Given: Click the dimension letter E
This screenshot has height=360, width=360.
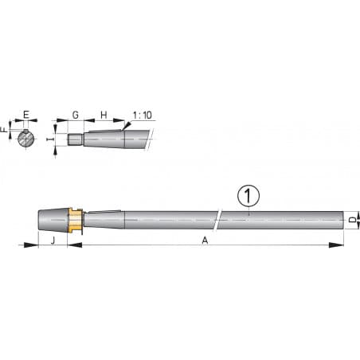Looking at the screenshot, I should click(x=26, y=115).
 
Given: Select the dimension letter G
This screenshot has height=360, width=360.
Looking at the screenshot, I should click(x=75, y=115).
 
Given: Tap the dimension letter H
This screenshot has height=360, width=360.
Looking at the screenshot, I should click(x=103, y=115).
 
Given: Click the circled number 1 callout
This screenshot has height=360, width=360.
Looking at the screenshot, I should click(x=249, y=194).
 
